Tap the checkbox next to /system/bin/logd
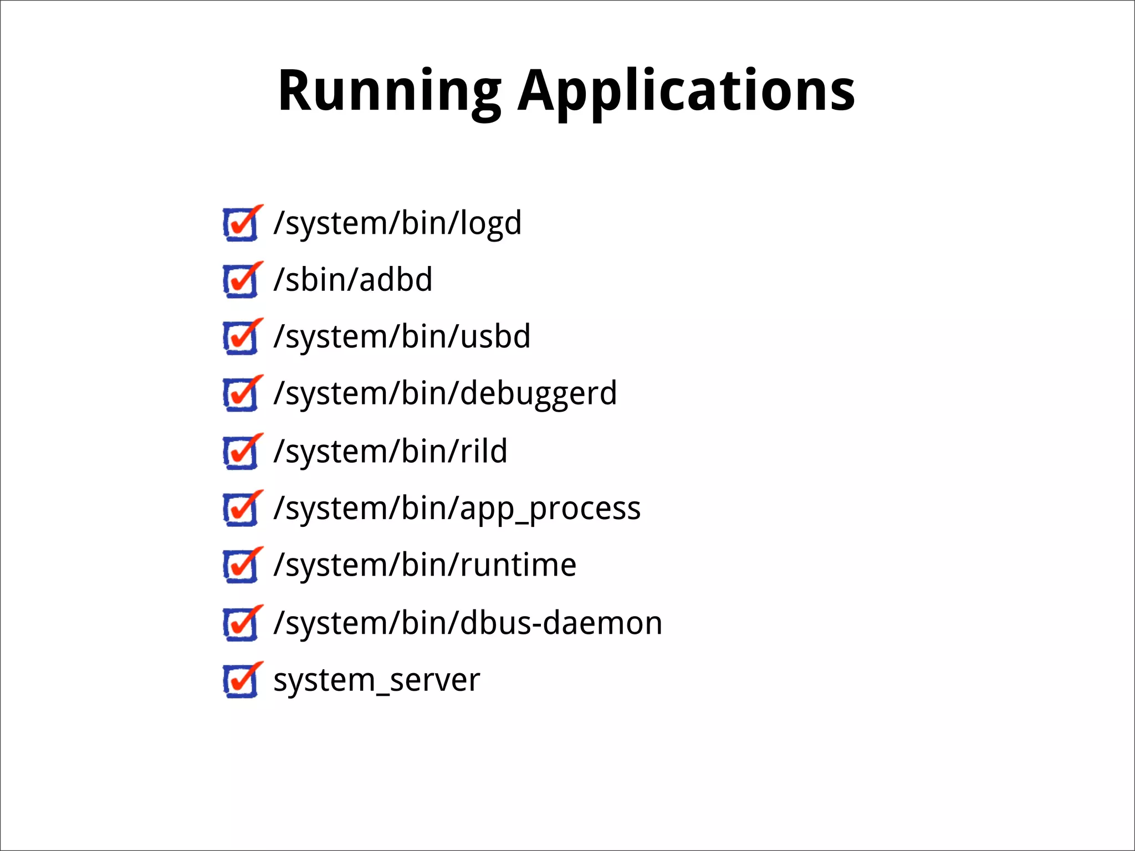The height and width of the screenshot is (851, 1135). click(241, 224)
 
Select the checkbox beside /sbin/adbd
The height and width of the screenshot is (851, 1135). click(241, 281)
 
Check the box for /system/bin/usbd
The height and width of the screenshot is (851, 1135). click(241, 337)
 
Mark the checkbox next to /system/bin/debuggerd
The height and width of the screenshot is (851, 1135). click(241, 394)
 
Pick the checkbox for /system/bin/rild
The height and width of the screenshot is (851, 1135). click(241, 452)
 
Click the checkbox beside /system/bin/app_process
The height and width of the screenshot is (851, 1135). click(241, 509)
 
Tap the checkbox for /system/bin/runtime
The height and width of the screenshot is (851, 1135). click(241, 566)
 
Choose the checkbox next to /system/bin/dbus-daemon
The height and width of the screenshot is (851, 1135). click(241, 624)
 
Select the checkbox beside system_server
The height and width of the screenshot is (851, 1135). click(241, 681)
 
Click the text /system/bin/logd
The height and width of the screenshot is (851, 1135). click(397, 223)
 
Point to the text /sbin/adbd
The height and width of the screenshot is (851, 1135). click(352, 280)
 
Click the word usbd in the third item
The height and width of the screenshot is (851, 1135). click(495, 337)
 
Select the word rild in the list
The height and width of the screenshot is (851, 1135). click(483, 451)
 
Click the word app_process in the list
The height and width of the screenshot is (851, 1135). click(550, 509)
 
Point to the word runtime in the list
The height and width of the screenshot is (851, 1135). click(518, 566)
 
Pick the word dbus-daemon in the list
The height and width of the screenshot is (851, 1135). click(561, 623)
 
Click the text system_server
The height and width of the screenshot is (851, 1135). click(376, 680)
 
